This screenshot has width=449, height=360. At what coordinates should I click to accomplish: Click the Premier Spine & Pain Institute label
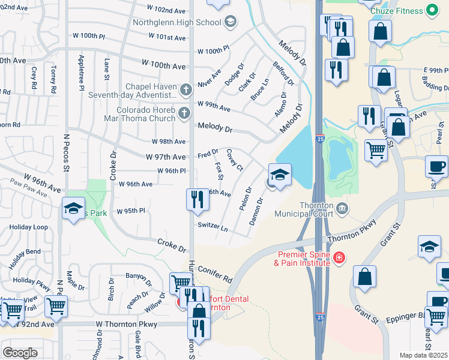[303, 259]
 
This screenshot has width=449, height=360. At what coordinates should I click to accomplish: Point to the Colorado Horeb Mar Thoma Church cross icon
[184, 112]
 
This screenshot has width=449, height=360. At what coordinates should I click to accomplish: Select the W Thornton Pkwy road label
[127, 324]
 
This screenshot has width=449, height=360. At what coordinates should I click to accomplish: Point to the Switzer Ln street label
[212, 227]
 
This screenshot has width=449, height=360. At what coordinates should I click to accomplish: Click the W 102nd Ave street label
[166, 10]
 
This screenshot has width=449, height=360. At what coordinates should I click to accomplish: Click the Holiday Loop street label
[28, 227]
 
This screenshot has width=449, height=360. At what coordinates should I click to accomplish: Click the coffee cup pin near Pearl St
[436, 165]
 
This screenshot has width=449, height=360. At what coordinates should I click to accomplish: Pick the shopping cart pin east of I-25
[376, 150]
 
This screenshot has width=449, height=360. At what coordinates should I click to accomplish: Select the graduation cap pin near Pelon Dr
[280, 175]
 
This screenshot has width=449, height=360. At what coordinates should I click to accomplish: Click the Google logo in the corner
[20, 353]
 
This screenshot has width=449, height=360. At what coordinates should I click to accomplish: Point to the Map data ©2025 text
[423, 355]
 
